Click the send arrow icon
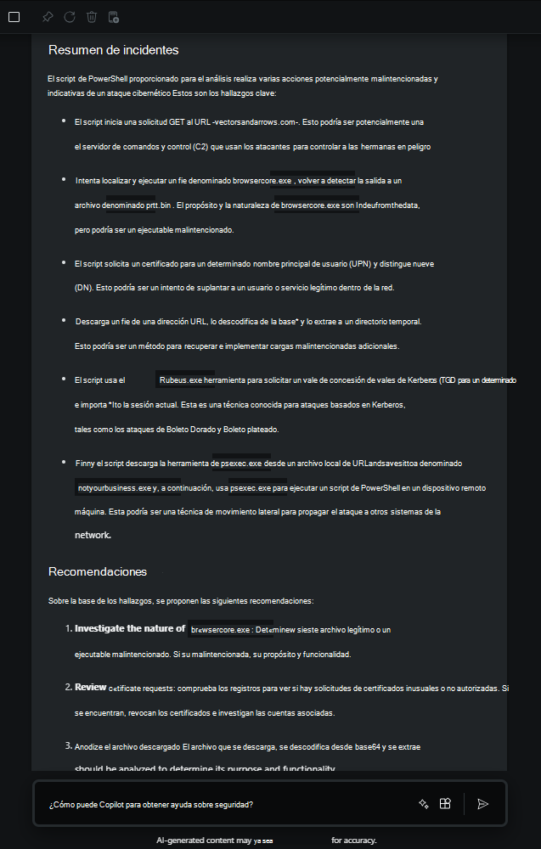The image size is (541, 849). (x=482, y=804)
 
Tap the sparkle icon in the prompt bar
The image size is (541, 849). (x=423, y=804)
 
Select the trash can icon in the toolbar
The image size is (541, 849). (x=92, y=17)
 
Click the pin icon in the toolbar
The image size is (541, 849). (x=48, y=17)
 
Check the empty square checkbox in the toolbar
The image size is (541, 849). (x=14, y=17)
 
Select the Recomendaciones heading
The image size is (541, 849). (x=98, y=571)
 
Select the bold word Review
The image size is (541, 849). (x=90, y=687)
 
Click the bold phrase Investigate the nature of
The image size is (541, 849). (x=130, y=629)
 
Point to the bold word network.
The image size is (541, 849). (x=93, y=536)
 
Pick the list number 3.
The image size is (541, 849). (x=69, y=745)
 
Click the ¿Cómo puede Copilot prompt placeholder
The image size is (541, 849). (x=150, y=804)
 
